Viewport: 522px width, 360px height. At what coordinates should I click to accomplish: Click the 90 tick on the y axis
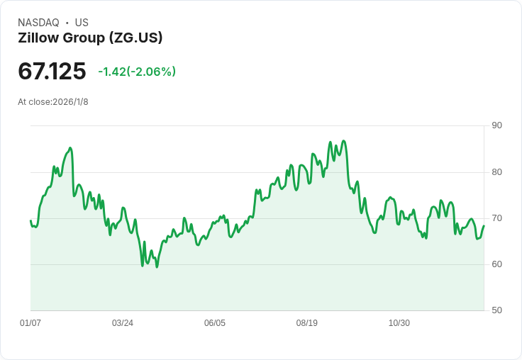[496, 125]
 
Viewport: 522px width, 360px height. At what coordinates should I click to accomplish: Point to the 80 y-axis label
[496, 172]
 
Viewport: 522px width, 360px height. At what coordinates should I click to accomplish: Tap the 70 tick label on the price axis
[496, 218]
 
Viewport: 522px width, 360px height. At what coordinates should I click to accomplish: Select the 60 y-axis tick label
[496, 264]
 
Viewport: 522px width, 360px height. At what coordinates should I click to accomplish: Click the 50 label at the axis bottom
[496, 310]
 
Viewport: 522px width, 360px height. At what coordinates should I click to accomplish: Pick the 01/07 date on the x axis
[30, 322]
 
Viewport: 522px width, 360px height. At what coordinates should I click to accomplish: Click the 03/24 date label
[123, 322]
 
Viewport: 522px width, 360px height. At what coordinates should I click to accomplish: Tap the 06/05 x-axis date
[215, 322]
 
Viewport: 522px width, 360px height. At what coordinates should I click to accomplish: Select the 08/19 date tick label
[307, 322]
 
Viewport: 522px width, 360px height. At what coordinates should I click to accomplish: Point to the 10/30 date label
[399, 322]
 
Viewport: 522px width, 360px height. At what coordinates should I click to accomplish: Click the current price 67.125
[52, 71]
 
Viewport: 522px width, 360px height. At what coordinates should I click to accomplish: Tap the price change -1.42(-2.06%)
[137, 72]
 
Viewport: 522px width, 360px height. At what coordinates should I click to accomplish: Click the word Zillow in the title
[38, 38]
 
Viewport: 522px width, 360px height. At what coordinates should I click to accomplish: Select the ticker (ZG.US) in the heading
[136, 38]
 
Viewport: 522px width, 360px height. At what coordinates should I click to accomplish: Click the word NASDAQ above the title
[38, 23]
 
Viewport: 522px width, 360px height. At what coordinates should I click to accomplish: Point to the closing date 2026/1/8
[70, 102]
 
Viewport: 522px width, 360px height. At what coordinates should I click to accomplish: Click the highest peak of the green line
[344, 141]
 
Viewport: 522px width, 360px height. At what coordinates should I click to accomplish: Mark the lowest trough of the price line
[157, 267]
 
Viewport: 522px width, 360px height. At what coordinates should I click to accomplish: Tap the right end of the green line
[484, 225]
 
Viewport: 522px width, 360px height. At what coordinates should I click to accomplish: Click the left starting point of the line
[30, 220]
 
